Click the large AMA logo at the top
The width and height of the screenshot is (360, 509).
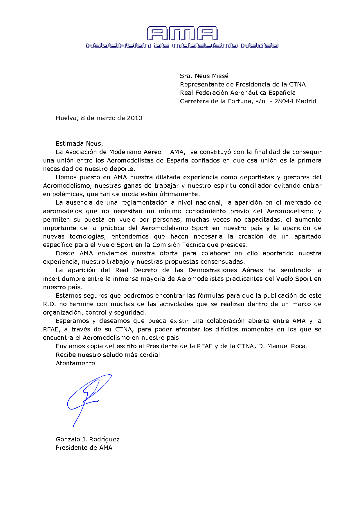click(x=182, y=33)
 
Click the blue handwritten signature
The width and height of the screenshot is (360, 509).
click(x=87, y=398)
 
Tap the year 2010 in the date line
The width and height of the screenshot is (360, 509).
click(x=134, y=118)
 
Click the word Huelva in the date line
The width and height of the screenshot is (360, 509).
click(x=66, y=118)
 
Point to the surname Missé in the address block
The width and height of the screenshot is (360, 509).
click(x=220, y=76)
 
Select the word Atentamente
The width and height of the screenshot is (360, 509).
click(x=75, y=363)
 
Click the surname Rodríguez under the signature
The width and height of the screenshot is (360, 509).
click(x=104, y=439)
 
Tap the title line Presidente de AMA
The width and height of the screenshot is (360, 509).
click(x=84, y=448)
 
